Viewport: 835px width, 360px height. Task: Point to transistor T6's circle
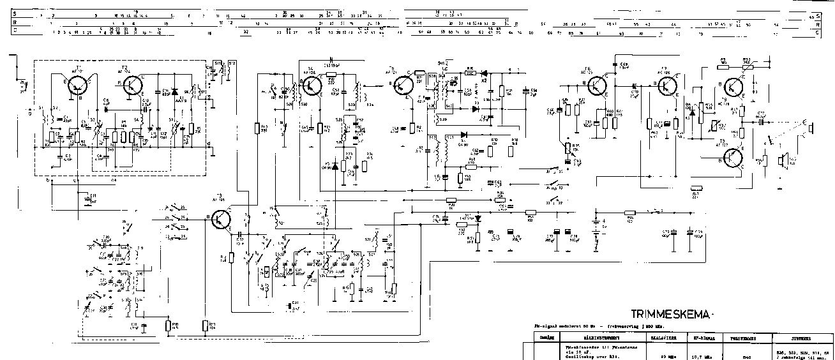point(598,86)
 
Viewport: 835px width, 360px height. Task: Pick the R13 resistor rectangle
point(257,128)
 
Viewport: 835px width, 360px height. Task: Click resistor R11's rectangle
point(206,326)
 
